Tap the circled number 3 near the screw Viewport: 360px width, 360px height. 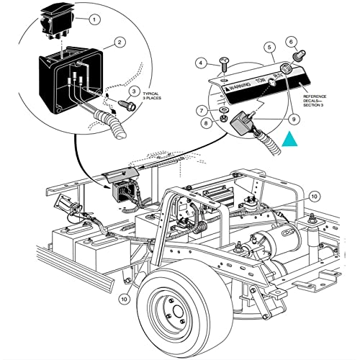coord(132,91)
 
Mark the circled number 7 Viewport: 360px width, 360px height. coord(204,111)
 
